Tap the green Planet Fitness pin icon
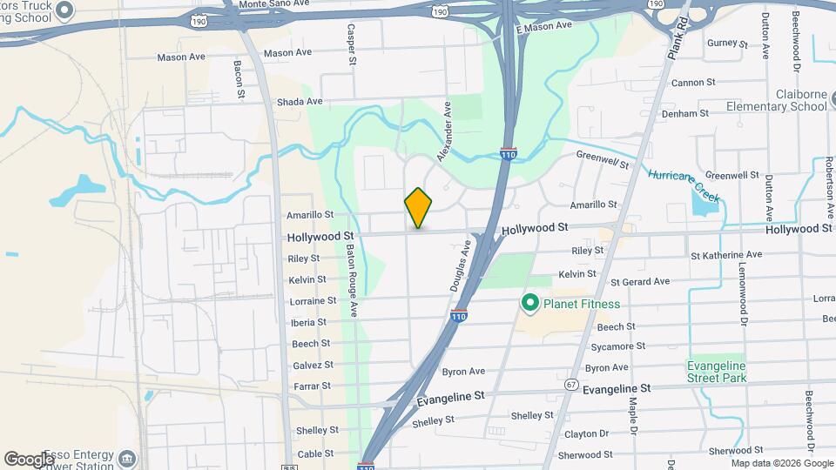click(529, 304)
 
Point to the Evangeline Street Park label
click(717, 372)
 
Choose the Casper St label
click(352, 44)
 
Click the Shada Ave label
click(300, 102)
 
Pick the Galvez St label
click(312, 365)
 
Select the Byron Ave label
click(463, 372)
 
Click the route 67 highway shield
click(571, 384)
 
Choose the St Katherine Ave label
click(725, 255)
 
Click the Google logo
click(29, 459)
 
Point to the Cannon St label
click(693, 83)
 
